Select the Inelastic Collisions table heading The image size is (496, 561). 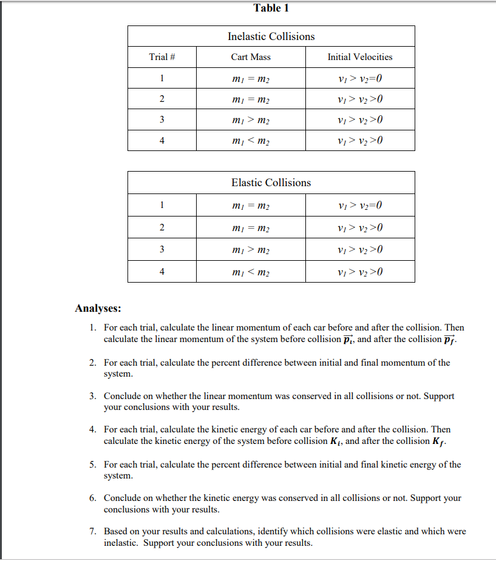coord(271,36)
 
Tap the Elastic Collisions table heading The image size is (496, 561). coord(271,183)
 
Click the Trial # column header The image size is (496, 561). coord(162,57)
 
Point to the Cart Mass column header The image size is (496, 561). coord(251,57)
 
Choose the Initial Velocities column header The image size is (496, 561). coord(360,57)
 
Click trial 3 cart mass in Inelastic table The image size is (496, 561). coord(251,120)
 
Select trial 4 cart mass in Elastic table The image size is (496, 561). coord(251,272)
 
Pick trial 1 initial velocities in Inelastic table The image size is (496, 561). coord(360,78)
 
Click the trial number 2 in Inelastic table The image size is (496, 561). coord(162,99)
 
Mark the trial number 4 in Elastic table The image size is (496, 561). coord(162,272)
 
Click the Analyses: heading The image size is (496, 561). coord(98,308)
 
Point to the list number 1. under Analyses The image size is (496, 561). coord(92,328)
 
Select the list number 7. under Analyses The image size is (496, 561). coord(92,531)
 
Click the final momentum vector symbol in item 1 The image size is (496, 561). coord(448,339)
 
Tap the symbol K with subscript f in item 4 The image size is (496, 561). coord(441,441)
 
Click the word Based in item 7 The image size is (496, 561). coord(116,531)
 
